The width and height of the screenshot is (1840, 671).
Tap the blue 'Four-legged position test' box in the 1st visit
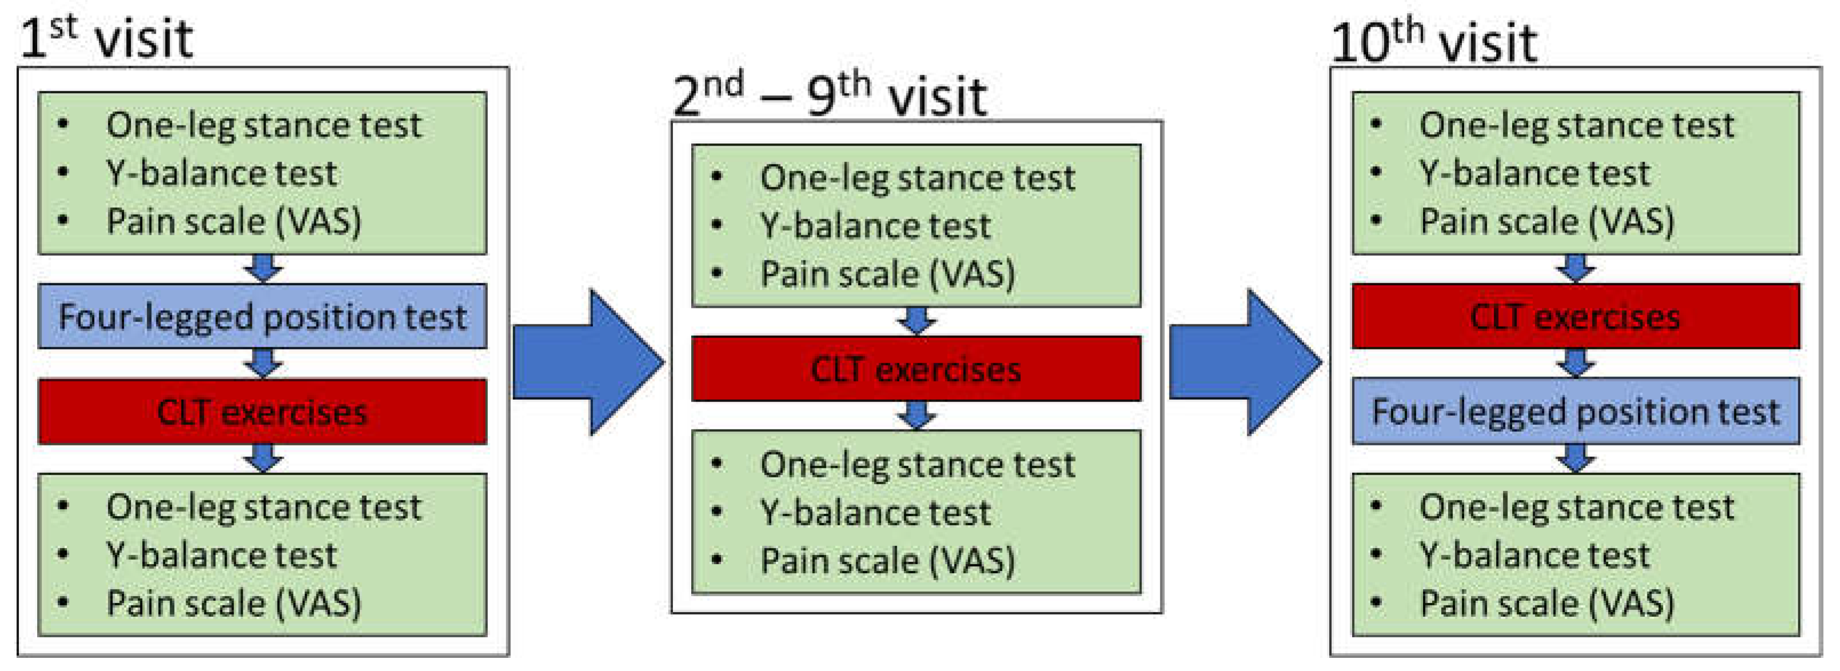[x=262, y=316]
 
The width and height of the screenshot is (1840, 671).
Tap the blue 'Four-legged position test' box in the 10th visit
[x=1576, y=412]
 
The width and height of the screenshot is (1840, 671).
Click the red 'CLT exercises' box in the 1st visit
[x=262, y=412]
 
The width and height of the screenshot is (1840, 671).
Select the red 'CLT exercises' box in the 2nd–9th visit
[x=916, y=369]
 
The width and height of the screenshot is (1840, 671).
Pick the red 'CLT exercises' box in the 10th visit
[x=1576, y=316]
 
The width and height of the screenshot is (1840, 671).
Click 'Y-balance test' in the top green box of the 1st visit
[x=222, y=174]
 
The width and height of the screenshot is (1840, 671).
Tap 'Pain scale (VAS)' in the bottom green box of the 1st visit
[x=234, y=603]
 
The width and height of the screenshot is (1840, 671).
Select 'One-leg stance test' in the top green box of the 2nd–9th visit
[x=917, y=178]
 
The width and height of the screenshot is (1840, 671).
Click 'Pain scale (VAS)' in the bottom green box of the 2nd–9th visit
[x=887, y=560]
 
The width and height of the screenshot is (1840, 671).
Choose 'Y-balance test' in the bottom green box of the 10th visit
[x=1534, y=555]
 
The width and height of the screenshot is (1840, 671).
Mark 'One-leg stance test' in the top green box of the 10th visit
[x=1577, y=126]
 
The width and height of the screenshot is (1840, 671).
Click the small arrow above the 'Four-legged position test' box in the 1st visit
[x=263, y=268]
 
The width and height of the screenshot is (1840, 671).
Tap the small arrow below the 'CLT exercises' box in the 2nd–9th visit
[x=916, y=415]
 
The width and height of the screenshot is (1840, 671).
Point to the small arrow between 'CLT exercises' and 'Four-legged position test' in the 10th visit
[x=1576, y=363]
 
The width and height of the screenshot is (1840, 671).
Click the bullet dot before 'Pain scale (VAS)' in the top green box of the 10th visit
[x=1376, y=220]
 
